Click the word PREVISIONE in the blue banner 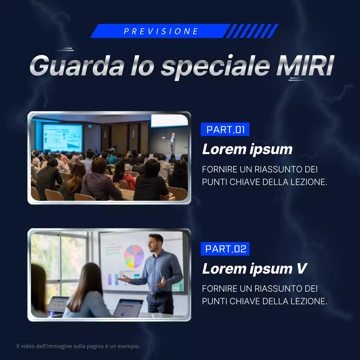[x=161, y=31]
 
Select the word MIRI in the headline [x=305, y=66]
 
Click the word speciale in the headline [x=215, y=66]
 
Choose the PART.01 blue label [x=225, y=130]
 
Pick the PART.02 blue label [x=225, y=249]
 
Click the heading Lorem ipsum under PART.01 [x=247, y=149]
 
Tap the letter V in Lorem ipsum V [x=301, y=269]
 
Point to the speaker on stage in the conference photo [x=172, y=143]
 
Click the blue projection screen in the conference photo [x=62, y=138]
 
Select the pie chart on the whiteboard [x=134, y=256]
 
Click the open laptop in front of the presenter [x=128, y=308]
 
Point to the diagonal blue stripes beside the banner [x=252, y=31]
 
